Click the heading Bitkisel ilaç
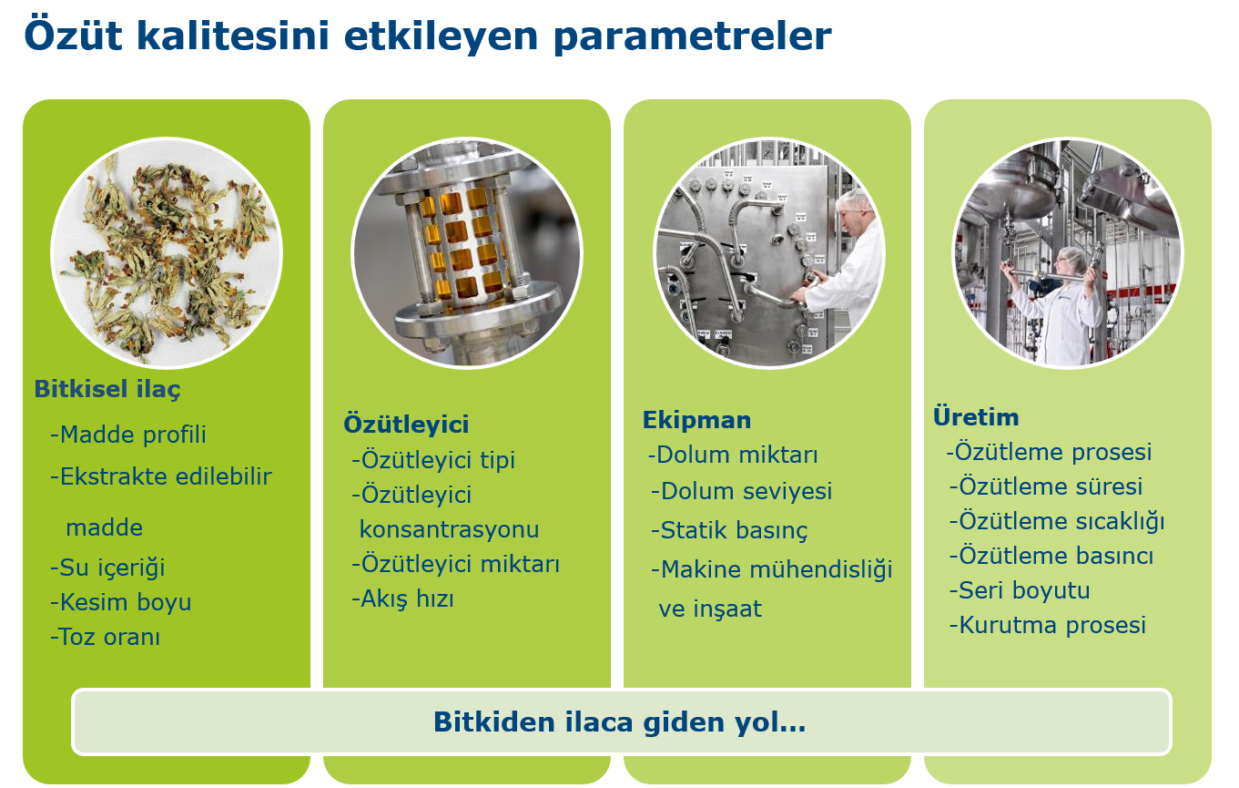[107, 389]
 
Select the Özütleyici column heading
[406, 425]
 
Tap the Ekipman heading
[697, 421]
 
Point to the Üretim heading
[976, 417]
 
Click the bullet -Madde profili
[127, 435]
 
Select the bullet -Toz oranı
[105, 637]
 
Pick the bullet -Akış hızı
[402, 599]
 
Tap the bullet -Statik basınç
[729, 530]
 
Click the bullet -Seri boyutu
[1020, 590]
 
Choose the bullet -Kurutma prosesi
[1047, 625]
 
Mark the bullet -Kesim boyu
[120, 602]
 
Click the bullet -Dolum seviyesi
[741, 491]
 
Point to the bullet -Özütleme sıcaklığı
[1056, 521]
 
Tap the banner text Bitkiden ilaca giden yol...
[619, 722]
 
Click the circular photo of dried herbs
[167, 253]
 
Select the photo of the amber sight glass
[467, 253]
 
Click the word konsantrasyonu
[449, 529]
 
